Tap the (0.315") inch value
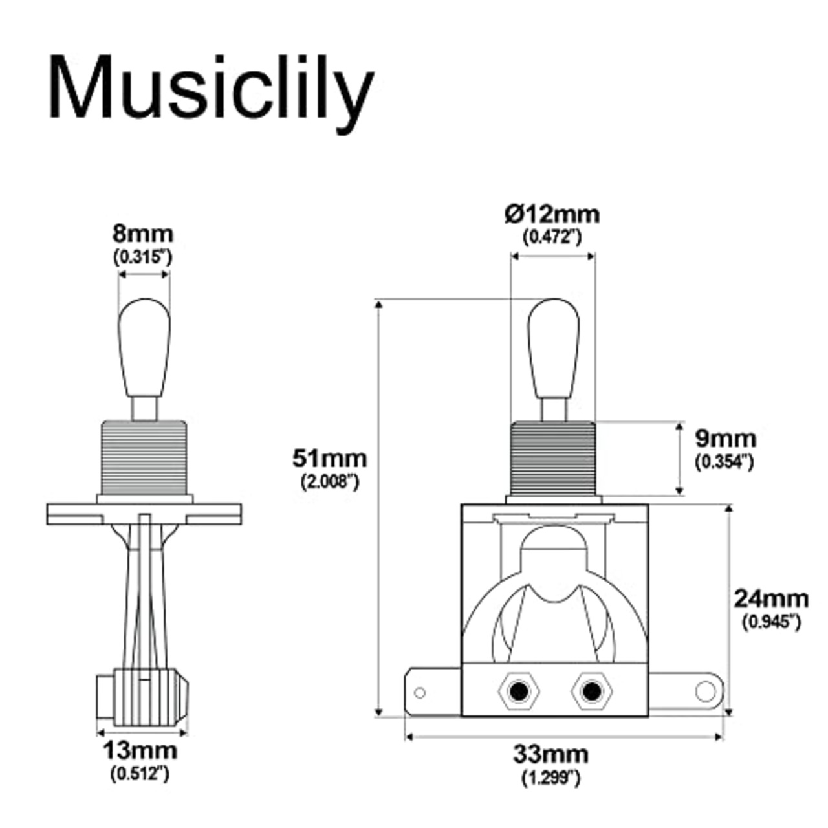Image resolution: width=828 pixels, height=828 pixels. tap(143, 257)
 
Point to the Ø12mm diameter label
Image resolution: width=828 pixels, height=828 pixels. tap(552, 214)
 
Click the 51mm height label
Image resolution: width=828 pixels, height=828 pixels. tap(329, 459)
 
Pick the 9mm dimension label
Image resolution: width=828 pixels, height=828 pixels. tap(725, 439)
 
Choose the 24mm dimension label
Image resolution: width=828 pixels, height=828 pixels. tap(770, 599)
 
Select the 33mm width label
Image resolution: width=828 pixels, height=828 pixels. tap(551, 754)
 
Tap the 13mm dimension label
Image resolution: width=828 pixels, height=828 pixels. tap(140, 751)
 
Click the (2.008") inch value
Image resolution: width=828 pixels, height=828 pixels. tap(329, 482)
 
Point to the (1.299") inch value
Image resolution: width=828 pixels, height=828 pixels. tap(551, 778)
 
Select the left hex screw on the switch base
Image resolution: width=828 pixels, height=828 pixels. tap(517, 692)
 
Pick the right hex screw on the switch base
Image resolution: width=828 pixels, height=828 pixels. tap(589, 692)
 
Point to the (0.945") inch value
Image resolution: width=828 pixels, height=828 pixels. tap(770, 622)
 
